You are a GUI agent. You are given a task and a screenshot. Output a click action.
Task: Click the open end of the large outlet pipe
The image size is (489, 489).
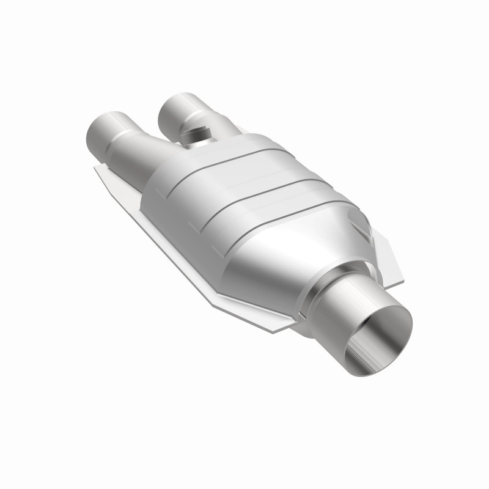(x=373, y=333)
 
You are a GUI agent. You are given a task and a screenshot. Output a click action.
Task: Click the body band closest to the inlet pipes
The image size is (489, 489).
(x=183, y=165)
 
